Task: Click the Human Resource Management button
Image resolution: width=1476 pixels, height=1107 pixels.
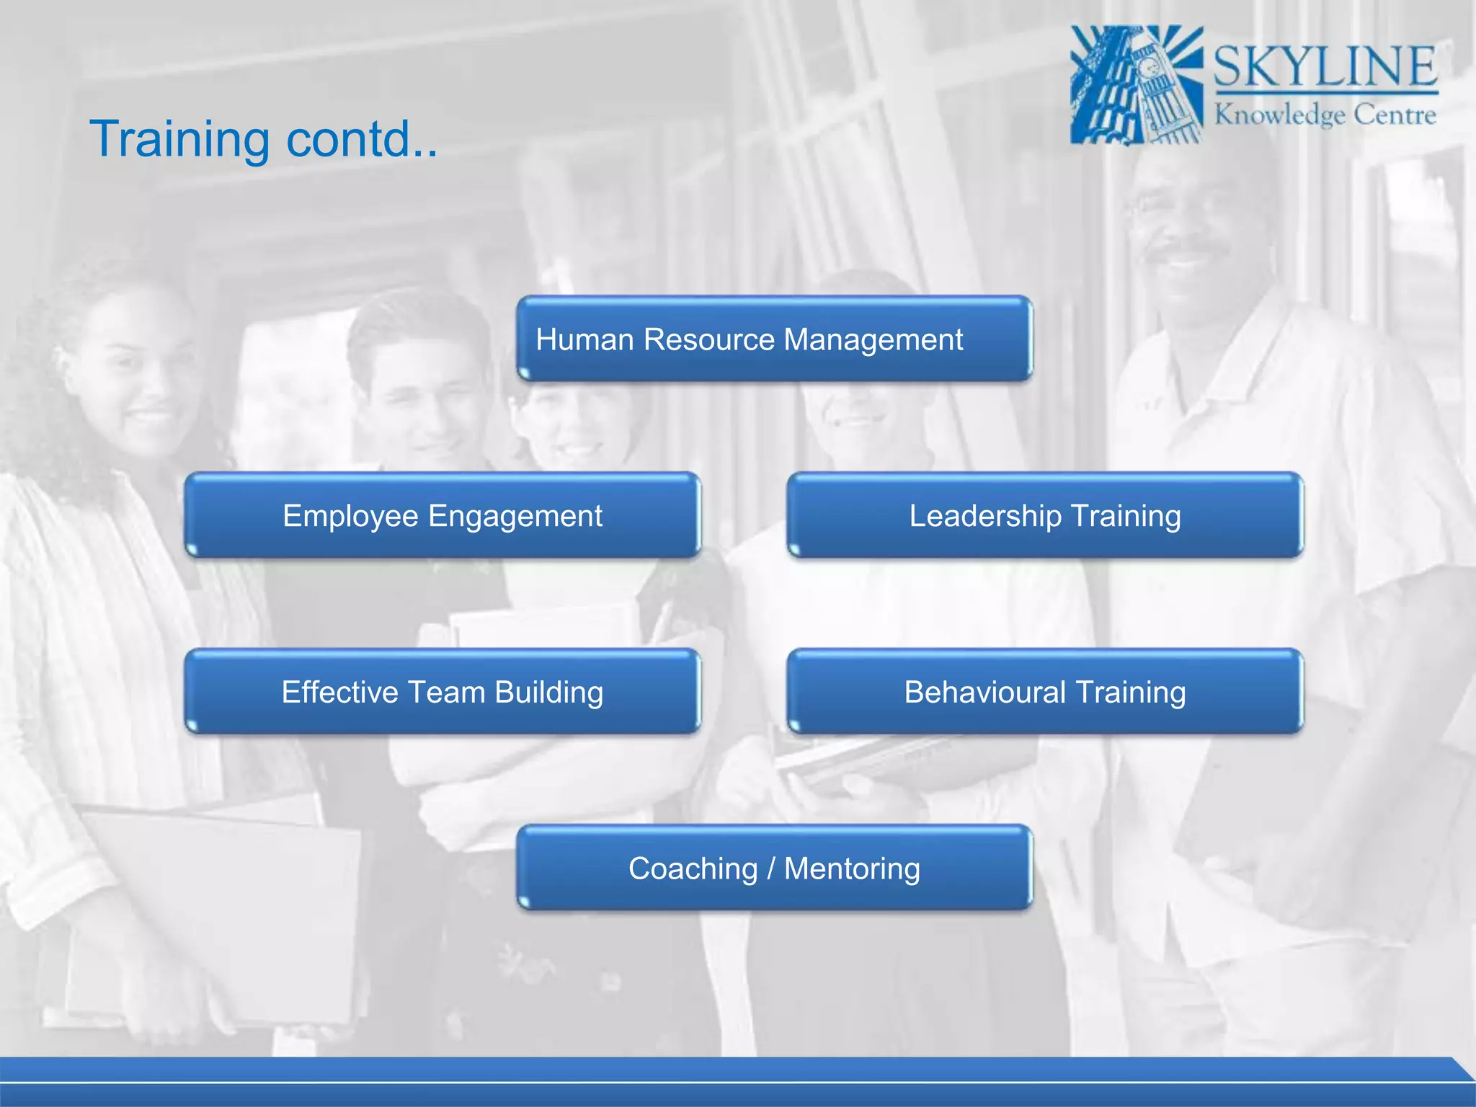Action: coord(775,339)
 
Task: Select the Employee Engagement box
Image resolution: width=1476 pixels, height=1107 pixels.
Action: coord(443,515)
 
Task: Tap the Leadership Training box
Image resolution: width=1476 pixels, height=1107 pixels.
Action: coord(1045,515)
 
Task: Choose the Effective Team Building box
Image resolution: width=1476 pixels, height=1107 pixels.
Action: coord(443,692)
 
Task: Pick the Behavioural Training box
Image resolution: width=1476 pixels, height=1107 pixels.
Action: coord(1045,692)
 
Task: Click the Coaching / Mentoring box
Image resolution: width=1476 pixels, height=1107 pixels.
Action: coord(775,868)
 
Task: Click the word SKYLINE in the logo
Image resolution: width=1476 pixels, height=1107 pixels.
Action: coord(1325,66)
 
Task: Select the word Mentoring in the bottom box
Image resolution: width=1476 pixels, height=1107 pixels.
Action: coord(852,869)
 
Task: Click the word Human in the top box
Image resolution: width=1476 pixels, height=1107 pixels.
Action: coord(584,339)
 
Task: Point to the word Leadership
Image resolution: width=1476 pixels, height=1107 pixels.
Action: coord(984,516)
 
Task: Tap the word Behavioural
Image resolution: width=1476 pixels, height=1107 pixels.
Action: coord(984,693)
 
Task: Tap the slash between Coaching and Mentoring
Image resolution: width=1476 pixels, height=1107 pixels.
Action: coord(770,868)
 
